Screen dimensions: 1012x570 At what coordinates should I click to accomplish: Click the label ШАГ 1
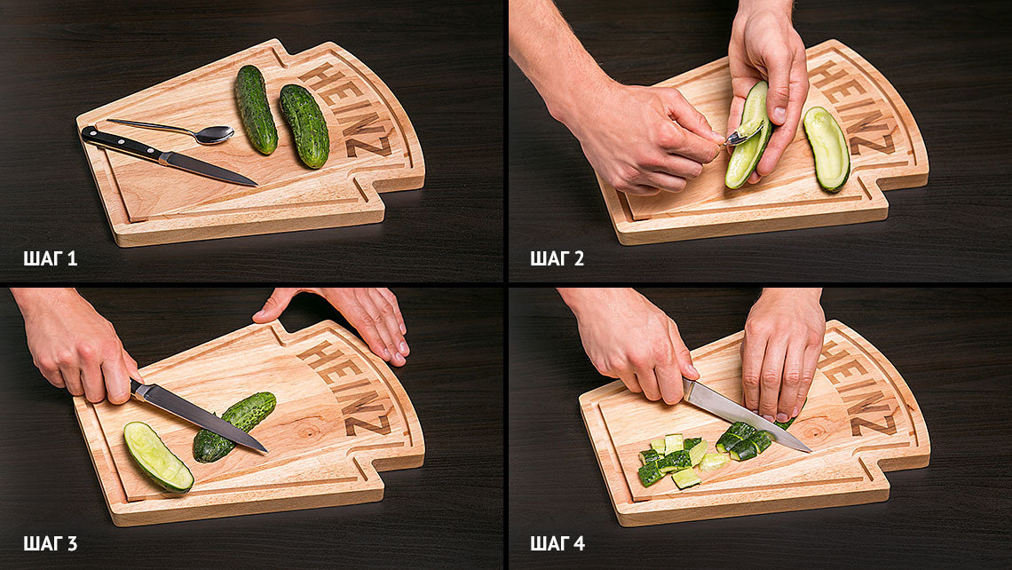(x=51, y=259)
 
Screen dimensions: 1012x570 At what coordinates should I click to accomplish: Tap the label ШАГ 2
(x=557, y=259)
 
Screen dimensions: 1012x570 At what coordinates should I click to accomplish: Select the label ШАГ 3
(x=51, y=543)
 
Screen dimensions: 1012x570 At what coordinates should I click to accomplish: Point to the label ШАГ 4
(x=557, y=543)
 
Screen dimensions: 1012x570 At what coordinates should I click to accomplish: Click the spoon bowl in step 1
(x=214, y=134)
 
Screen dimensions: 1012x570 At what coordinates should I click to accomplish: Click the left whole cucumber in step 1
(x=256, y=109)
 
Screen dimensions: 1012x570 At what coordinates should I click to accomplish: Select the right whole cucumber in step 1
(x=304, y=126)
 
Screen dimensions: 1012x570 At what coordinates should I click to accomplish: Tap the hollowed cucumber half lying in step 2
(x=826, y=149)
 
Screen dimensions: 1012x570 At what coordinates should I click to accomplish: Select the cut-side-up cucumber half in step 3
(x=158, y=456)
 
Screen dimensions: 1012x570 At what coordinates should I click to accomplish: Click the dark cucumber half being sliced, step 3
(x=233, y=427)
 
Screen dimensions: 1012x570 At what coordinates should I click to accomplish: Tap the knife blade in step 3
(x=199, y=416)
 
